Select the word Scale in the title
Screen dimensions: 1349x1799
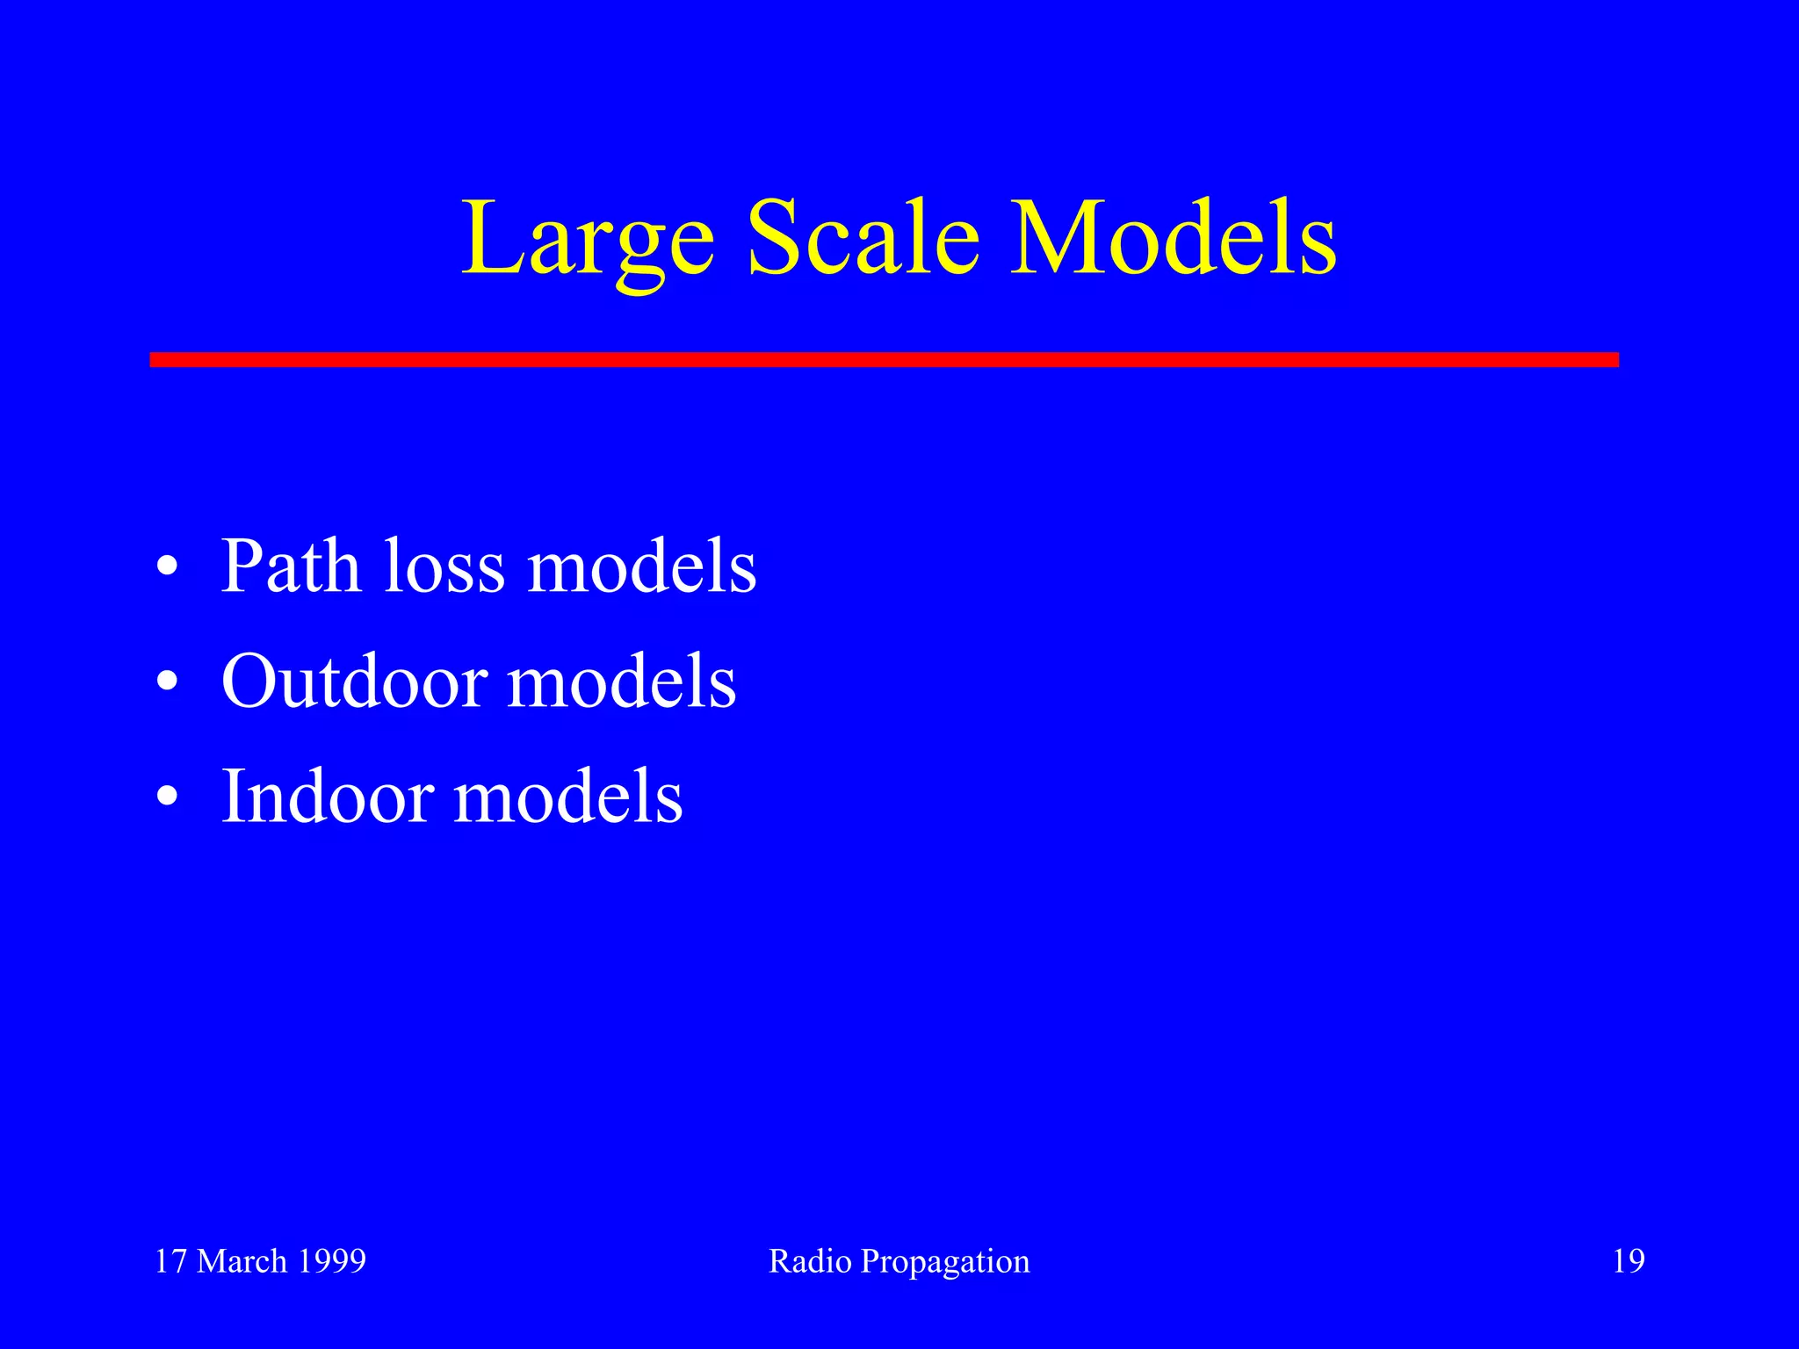click(863, 239)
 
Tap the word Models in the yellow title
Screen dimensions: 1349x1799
click(1174, 239)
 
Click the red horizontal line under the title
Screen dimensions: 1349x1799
click(884, 359)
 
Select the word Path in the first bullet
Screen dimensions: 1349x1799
click(291, 566)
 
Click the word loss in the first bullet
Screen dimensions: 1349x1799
click(444, 566)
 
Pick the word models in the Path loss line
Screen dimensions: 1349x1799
click(641, 566)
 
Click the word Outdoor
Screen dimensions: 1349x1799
click(354, 682)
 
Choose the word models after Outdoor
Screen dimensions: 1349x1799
click(622, 682)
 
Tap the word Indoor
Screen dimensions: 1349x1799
click(328, 797)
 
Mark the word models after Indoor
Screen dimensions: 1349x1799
click(567, 797)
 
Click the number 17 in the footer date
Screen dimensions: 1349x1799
click(171, 1261)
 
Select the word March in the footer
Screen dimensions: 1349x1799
click(242, 1261)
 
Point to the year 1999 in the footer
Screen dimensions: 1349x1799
click(331, 1261)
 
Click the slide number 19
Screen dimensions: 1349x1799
click(1629, 1261)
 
